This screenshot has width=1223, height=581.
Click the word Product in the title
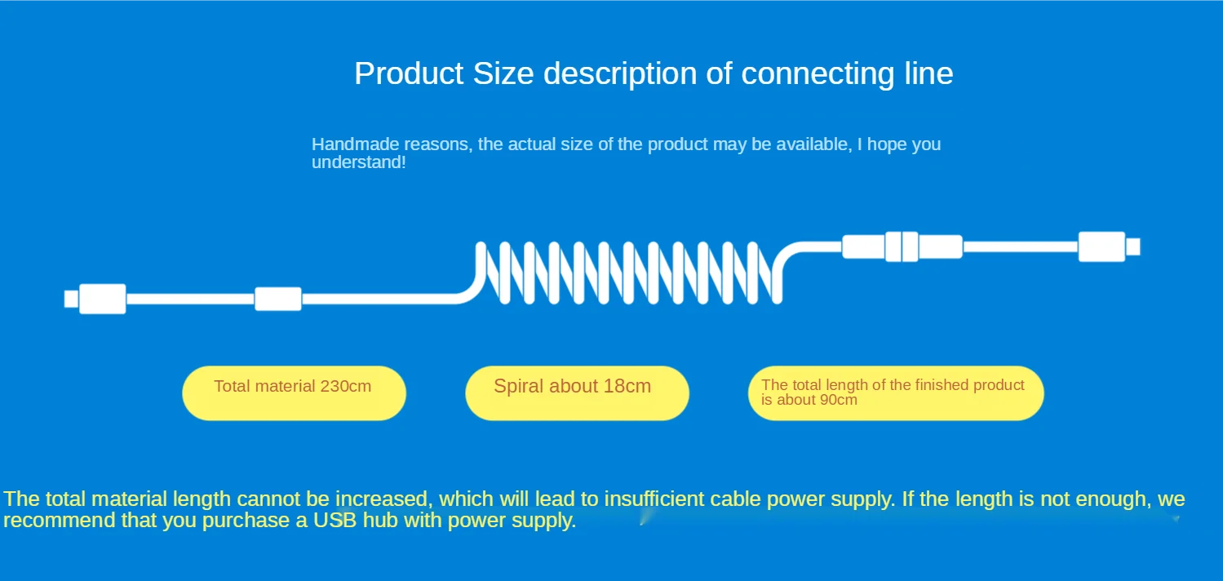pyautogui.click(x=409, y=73)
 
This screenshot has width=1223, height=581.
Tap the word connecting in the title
pyautogui.click(x=818, y=74)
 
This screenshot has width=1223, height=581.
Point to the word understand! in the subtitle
pyautogui.click(x=359, y=162)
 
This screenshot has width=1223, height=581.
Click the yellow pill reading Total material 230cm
pyautogui.click(x=294, y=393)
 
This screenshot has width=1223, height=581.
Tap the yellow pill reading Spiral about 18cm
pyautogui.click(x=577, y=393)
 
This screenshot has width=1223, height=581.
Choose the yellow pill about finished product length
pyautogui.click(x=896, y=393)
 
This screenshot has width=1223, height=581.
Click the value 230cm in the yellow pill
pyautogui.click(x=346, y=386)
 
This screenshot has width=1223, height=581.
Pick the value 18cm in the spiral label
pyautogui.click(x=627, y=386)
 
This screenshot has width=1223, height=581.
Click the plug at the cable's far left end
pyautogui.click(x=95, y=299)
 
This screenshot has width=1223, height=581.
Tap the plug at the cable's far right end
pyautogui.click(x=1109, y=246)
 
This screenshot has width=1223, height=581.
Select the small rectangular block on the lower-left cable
pyautogui.click(x=278, y=299)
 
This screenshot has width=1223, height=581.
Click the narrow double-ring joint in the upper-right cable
pyautogui.click(x=902, y=246)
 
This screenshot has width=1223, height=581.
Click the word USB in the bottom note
pyautogui.click(x=335, y=521)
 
